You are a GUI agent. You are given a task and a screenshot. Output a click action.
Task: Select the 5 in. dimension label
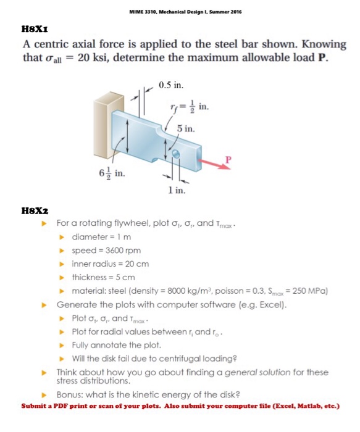tap(186, 129)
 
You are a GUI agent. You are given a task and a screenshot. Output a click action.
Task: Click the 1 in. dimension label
tap(176, 191)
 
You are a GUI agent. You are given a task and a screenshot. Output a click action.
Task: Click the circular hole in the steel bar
tap(177, 154)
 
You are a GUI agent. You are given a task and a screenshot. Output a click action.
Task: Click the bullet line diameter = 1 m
tap(101, 236)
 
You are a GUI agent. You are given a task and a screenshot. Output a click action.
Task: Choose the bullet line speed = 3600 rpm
tap(106, 250)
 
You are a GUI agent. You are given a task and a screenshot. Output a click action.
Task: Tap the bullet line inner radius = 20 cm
tap(110, 264)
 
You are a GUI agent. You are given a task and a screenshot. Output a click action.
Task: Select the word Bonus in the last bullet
tap(69, 394)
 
